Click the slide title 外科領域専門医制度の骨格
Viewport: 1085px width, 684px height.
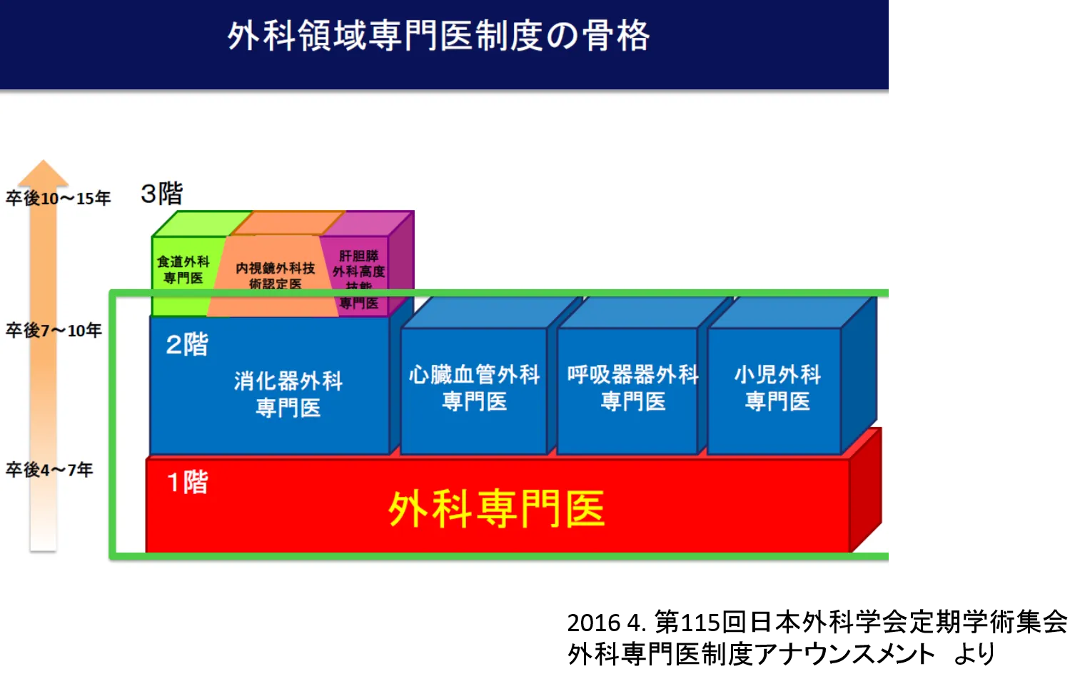[x=438, y=36]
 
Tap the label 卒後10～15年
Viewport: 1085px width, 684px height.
[x=59, y=198]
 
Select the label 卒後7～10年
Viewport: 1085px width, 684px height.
[x=54, y=331]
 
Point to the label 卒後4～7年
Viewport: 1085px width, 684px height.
[x=49, y=470]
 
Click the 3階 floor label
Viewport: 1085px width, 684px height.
[x=162, y=193]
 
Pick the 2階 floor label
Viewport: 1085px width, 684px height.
[x=187, y=345]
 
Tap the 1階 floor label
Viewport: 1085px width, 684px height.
[x=187, y=483]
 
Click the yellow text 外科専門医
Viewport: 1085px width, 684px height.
[x=496, y=508]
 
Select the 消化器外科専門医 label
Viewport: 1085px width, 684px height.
[x=288, y=393]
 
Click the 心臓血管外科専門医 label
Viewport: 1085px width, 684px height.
[x=474, y=388]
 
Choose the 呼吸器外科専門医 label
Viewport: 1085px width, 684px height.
[x=632, y=388]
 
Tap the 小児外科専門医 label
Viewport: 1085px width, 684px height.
[x=777, y=388]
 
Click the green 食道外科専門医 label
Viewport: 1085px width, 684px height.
[x=183, y=270]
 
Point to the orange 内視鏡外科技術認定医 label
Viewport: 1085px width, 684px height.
[x=276, y=276]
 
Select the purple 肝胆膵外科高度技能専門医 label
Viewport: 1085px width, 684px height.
[x=359, y=278]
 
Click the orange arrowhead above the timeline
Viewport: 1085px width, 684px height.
[x=43, y=173]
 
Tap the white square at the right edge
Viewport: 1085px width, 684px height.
[x=1076, y=623]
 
